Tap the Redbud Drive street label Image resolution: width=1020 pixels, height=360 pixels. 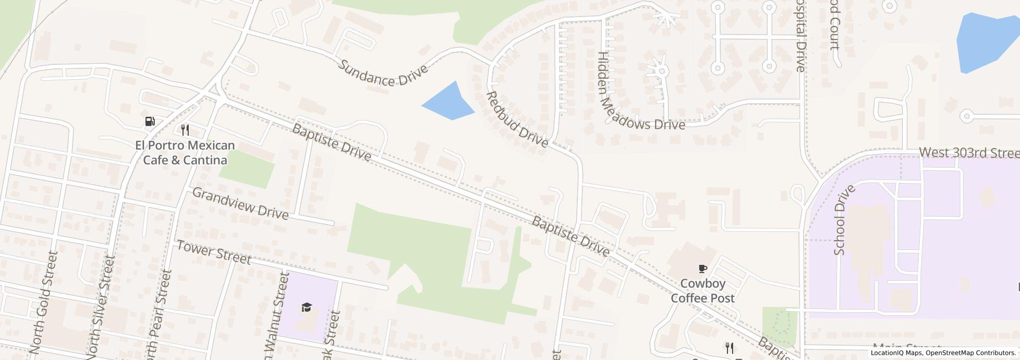pyautogui.click(x=517, y=119)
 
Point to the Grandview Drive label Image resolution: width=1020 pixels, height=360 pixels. pyautogui.click(x=240, y=203)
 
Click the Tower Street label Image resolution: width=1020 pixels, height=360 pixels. pyautogui.click(x=214, y=252)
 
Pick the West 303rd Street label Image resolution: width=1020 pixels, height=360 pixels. pyautogui.click(x=969, y=153)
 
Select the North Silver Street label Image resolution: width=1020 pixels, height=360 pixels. pyautogui.click(x=101, y=307)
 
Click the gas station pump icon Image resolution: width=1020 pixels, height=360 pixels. pyautogui.click(x=150, y=122)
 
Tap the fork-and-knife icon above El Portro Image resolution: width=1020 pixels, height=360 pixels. pyautogui.click(x=185, y=130)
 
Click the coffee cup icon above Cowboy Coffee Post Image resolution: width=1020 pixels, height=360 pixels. pyautogui.click(x=702, y=268)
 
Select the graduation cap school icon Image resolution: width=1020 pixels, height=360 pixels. pyautogui.click(x=306, y=308)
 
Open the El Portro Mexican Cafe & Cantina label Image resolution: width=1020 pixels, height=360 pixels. pyautogui.click(x=185, y=153)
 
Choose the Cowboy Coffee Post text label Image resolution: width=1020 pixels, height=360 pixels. pyautogui.click(x=702, y=291)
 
